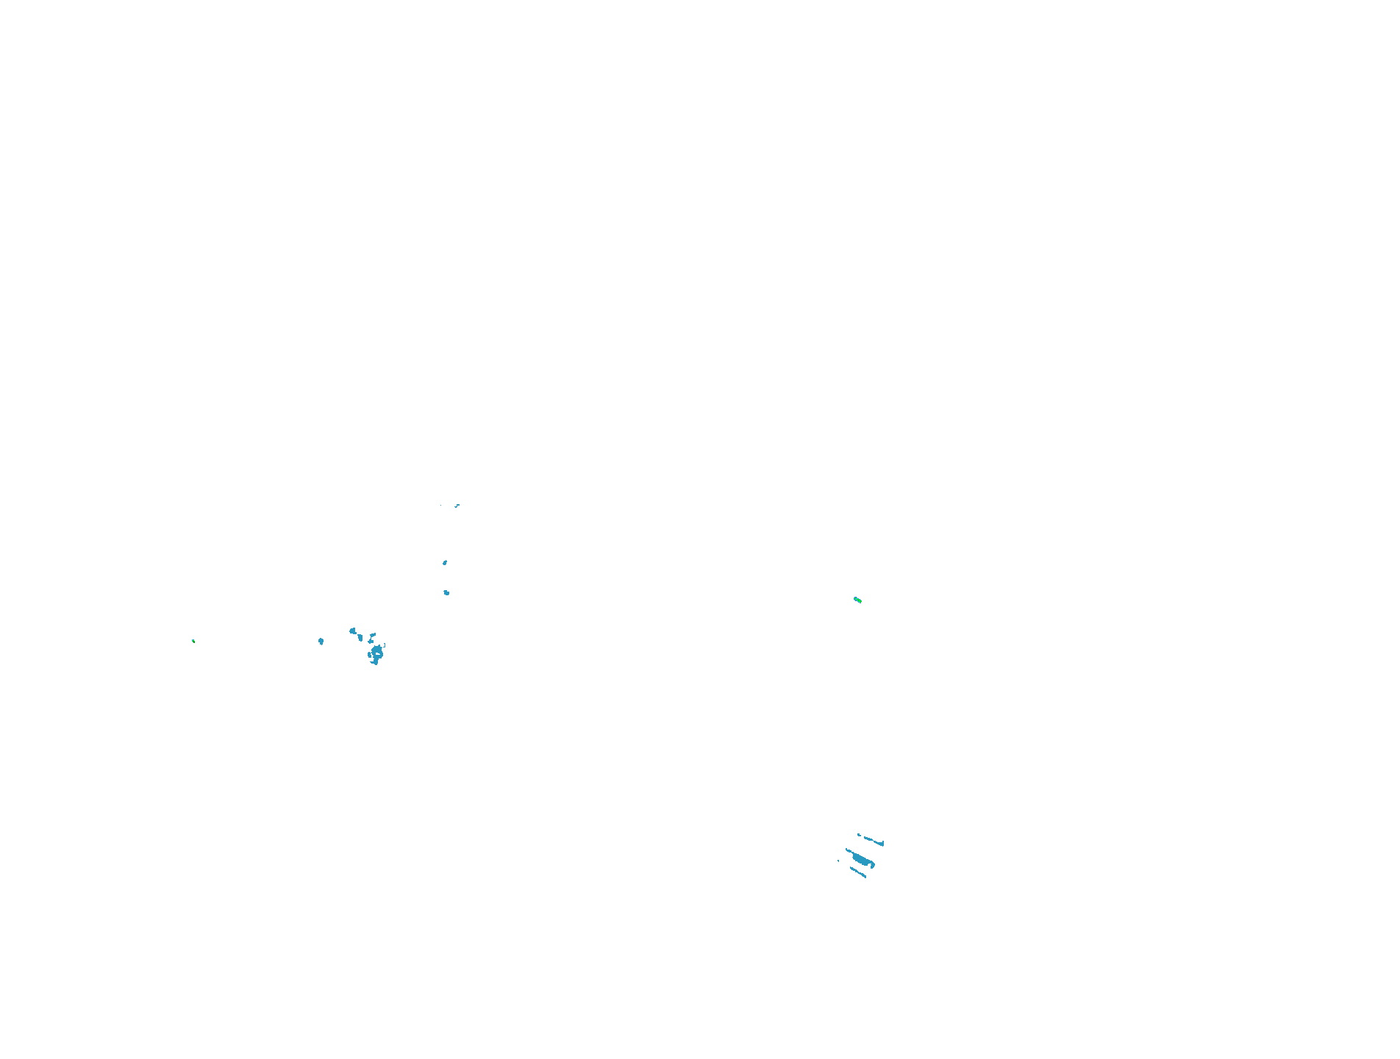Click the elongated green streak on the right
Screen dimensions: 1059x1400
click(x=857, y=600)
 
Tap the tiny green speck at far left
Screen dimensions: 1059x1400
click(x=193, y=641)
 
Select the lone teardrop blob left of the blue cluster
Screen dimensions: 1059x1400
click(x=321, y=642)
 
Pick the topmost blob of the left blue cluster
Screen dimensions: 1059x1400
click(x=353, y=631)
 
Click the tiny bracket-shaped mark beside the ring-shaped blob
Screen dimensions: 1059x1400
click(x=384, y=645)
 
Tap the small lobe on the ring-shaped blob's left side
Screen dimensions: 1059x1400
click(x=370, y=654)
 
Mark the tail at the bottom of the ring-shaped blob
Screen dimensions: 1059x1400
click(x=375, y=662)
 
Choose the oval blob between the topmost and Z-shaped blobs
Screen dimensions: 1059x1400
click(x=360, y=638)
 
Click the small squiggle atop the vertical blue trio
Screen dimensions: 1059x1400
click(x=457, y=506)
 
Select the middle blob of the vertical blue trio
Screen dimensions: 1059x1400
click(x=445, y=563)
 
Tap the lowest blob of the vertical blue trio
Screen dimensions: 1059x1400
click(x=446, y=592)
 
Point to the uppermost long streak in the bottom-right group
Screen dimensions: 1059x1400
click(x=872, y=840)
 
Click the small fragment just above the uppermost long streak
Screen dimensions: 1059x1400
click(x=859, y=835)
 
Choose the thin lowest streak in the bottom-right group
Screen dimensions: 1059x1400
click(x=858, y=872)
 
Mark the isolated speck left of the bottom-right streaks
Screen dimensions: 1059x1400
click(x=838, y=861)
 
